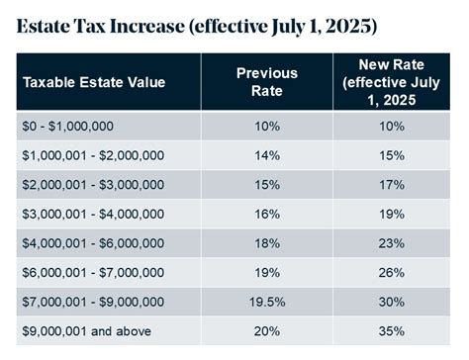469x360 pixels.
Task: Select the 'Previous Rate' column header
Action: (266, 81)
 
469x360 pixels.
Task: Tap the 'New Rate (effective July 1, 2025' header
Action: (392, 81)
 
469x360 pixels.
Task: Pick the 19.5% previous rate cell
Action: (266, 301)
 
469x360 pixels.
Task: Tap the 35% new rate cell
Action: (393, 330)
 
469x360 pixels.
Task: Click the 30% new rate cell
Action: (393, 301)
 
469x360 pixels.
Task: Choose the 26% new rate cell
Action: (393, 272)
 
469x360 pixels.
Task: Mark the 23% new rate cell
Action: (393, 242)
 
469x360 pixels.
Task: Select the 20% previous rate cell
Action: (266, 330)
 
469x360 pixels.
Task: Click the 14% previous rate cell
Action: (266, 154)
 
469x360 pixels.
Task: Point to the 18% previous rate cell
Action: (266, 242)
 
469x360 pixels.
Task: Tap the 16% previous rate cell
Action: (266, 213)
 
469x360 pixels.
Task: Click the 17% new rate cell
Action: (393, 184)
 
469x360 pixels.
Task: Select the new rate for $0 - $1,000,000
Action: (393, 125)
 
